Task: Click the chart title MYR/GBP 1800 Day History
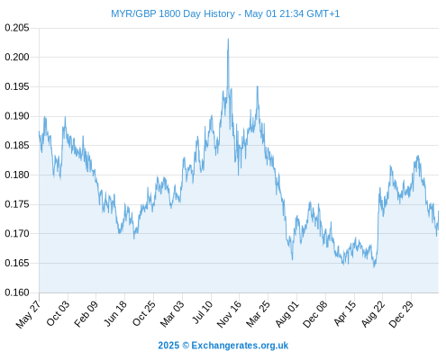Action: tap(173, 13)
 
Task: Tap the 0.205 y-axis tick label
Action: tap(17, 28)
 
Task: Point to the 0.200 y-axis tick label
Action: tap(17, 57)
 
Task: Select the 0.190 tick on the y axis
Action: tap(17, 116)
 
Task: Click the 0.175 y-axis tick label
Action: tap(17, 204)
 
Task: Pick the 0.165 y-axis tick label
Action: tap(17, 263)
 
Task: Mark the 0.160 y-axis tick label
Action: tap(17, 292)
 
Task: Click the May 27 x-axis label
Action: tap(28, 314)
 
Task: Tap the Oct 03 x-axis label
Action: tap(58, 313)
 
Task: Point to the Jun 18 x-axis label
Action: tap(115, 313)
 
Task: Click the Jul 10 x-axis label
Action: tap(202, 312)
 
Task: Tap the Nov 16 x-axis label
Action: tap(229, 314)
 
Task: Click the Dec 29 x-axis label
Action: tap(401, 314)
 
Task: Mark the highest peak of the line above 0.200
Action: tap(228, 39)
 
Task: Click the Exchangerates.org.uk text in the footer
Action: tap(240, 346)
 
